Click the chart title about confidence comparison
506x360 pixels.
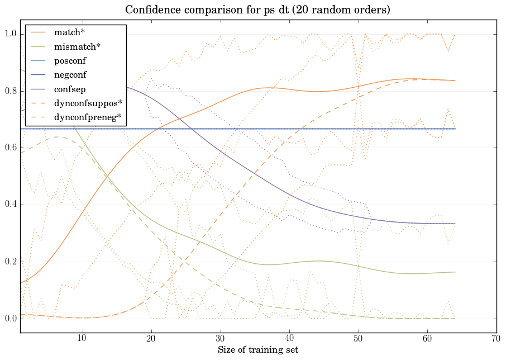[x=257, y=10]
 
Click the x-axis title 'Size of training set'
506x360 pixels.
[x=257, y=350]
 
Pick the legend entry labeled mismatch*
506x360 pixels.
[x=73, y=47]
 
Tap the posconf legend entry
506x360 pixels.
[x=70, y=61]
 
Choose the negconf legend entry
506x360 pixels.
[x=70, y=75]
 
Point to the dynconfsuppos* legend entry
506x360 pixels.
[x=87, y=103]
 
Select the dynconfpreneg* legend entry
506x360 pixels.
[x=87, y=117]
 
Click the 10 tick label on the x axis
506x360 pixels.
[x=83, y=339]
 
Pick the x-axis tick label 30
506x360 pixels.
[x=221, y=339]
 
